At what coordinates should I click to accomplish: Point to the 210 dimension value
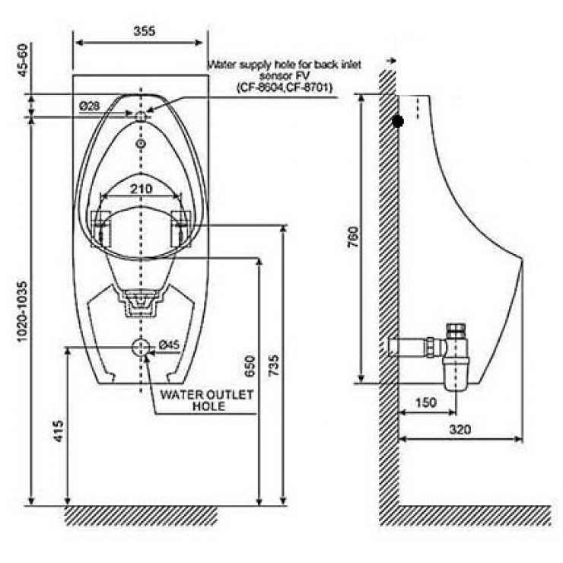[141, 188]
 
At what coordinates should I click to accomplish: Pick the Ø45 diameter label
[169, 345]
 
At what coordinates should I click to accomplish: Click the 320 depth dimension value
[460, 429]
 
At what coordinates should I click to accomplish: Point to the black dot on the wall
[397, 120]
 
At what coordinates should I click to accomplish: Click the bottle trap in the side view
[457, 358]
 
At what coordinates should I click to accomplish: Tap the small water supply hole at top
[141, 116]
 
